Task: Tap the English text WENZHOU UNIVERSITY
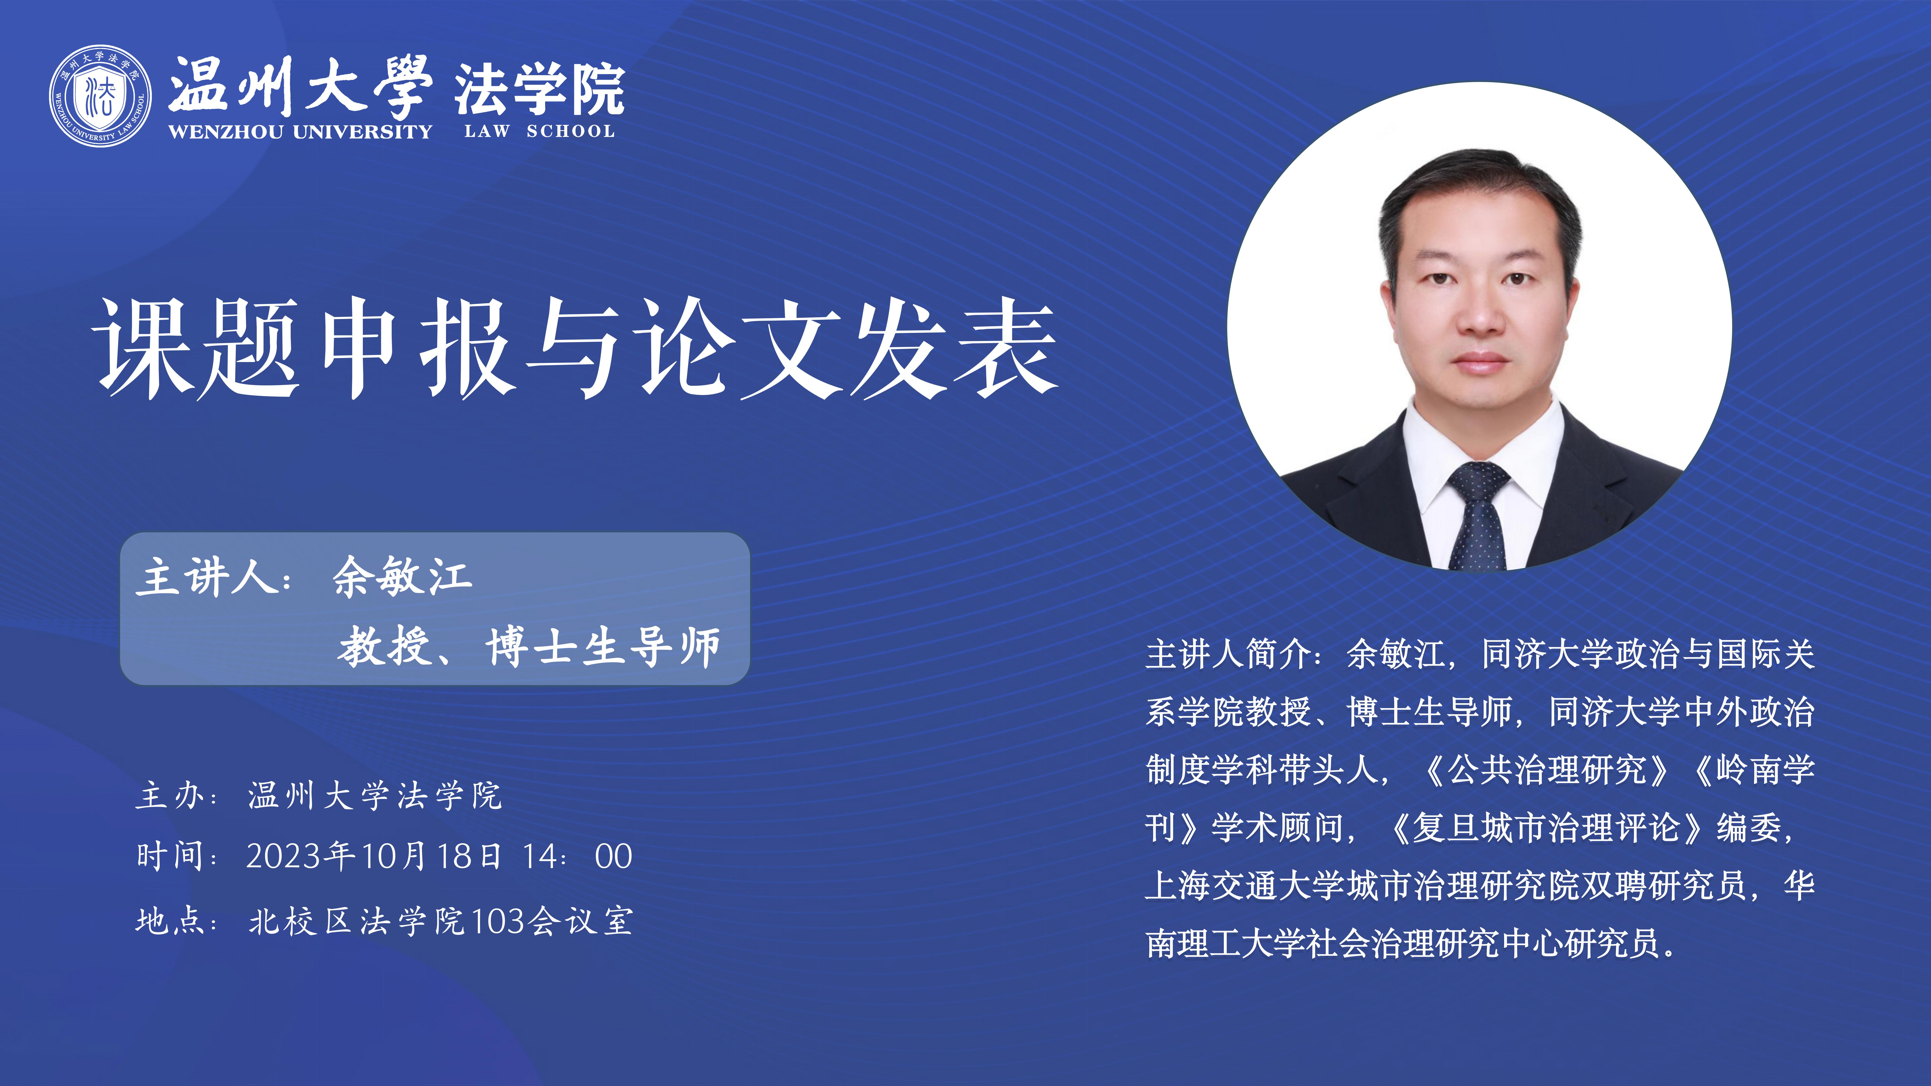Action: (x=300, y=132)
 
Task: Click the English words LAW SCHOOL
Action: (x=540, y=131)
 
